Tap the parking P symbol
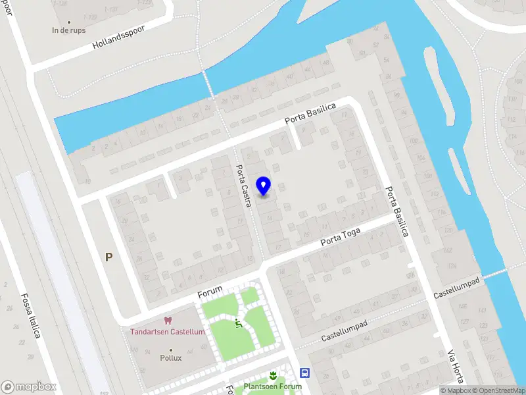click(x=108, y=257)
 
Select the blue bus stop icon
click(x=305, y=373)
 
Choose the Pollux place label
click(x=171, y=359)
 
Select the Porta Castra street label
click(x=244, y=186)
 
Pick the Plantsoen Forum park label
click(x=273, y=386)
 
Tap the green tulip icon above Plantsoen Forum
click(x=273, y=375)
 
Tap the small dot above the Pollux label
click(x=171, y=350)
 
